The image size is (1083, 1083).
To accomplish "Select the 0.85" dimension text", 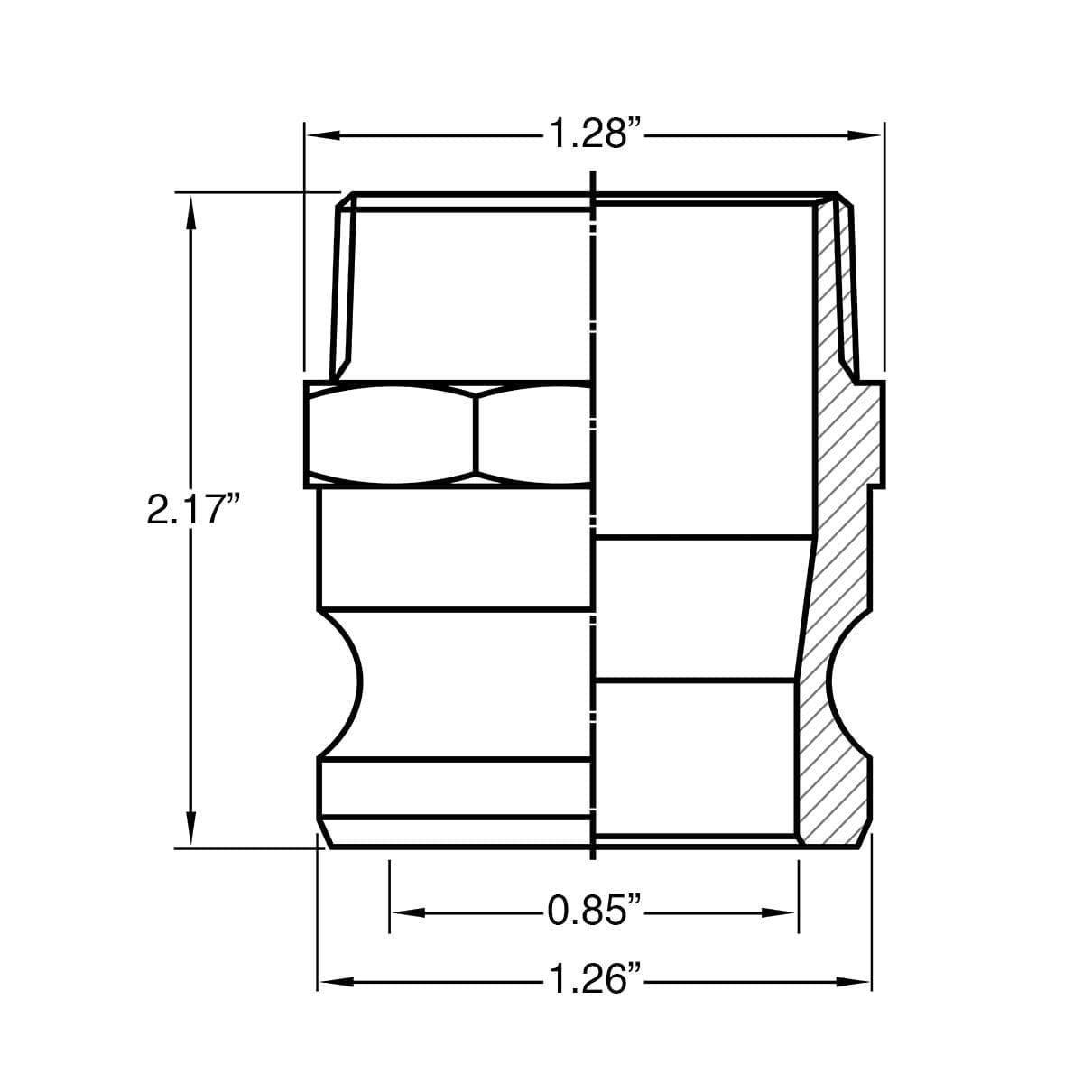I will pos(594,912).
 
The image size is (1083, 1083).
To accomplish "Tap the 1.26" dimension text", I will pos(594,979).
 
